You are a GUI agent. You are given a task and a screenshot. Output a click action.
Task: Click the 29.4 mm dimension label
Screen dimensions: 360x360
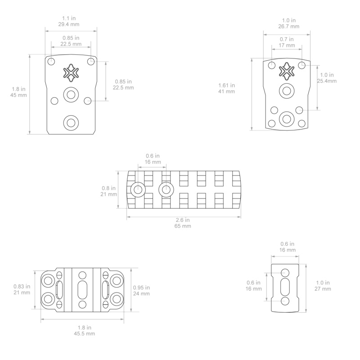coord(69,24)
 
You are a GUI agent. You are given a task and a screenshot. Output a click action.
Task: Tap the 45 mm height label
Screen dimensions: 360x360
coord(18,95)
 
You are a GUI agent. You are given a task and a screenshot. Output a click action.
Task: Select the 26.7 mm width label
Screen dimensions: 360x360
coord(289,27)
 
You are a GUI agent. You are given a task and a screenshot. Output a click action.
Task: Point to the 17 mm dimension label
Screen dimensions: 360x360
coord(287,45)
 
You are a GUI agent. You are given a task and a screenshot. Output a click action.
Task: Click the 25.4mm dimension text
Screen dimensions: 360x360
coord(327,81)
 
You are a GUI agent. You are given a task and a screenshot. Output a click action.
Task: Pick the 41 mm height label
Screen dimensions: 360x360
coord(227,91)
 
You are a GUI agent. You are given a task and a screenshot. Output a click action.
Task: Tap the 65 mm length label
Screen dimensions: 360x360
coord(183,226)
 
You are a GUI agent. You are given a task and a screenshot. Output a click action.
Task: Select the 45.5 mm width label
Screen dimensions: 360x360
coord(84,333)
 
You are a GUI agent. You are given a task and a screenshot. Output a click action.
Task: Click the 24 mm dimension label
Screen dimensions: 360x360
coord(141,294)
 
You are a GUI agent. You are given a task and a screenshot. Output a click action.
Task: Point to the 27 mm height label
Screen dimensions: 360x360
coord(323,289)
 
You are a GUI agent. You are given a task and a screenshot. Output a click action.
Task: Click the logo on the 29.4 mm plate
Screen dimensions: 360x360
coord(71,72)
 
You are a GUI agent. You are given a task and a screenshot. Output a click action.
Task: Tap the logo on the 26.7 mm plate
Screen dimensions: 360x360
coord(287,71)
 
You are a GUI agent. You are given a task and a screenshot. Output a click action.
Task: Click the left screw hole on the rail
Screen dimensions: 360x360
coord(138,189)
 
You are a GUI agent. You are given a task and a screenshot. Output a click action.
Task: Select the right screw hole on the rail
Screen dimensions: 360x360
coord(166,189)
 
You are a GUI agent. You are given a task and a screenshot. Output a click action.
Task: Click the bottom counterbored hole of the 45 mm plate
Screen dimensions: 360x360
coord(71,122)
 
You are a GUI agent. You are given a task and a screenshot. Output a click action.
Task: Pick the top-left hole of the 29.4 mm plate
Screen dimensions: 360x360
coord(51,62)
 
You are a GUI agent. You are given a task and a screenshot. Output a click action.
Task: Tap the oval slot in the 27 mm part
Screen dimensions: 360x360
coord(285,287)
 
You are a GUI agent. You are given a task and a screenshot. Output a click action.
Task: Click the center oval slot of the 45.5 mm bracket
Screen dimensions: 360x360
coord(82,290)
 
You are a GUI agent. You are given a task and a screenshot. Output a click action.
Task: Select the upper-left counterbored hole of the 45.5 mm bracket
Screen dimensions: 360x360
coord(48,280)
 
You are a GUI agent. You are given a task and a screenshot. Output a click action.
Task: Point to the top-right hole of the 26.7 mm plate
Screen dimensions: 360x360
coord(301,65)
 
